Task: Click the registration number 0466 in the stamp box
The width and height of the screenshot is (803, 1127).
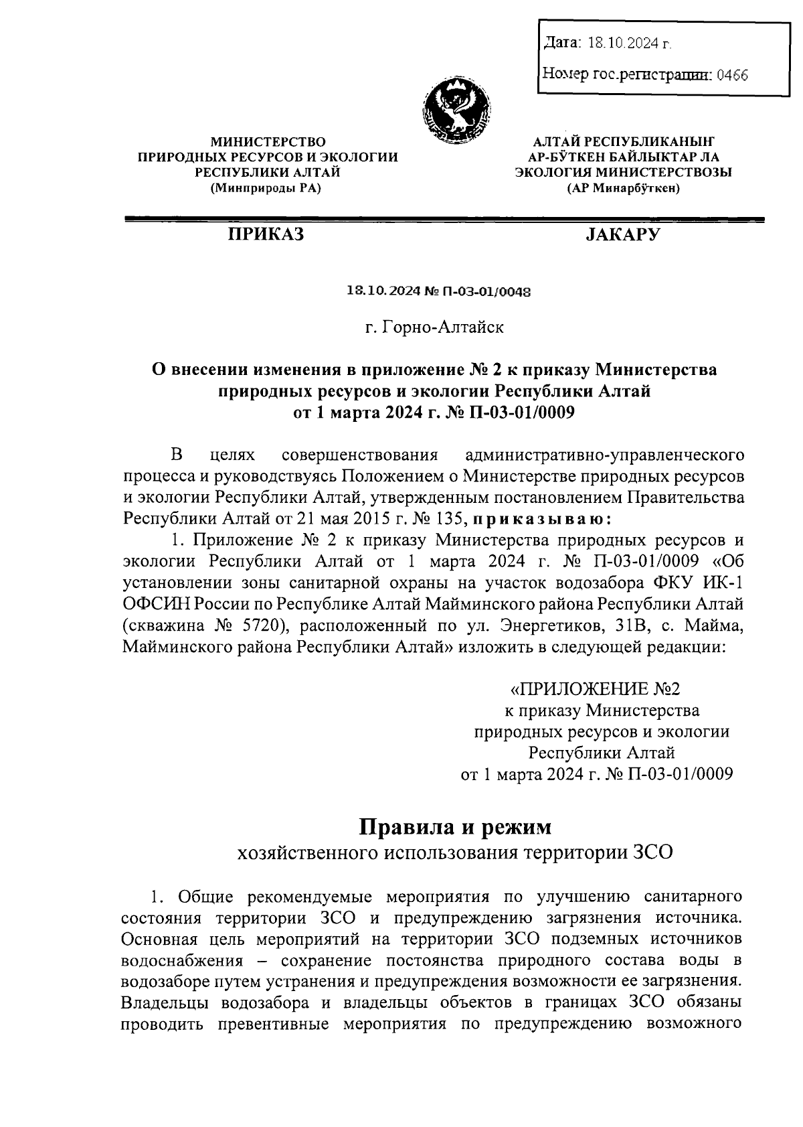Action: (731, 75)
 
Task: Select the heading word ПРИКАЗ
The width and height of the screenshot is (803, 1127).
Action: (266, 234)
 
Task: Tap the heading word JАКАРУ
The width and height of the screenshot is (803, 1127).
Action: (622, 234)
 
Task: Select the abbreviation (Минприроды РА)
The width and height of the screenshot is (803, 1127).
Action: (266, 189)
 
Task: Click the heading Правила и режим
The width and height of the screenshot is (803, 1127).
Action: (455, 827)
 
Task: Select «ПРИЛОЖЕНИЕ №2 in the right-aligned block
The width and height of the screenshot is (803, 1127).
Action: (595, 689)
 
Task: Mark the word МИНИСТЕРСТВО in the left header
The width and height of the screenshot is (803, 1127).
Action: (268, 141)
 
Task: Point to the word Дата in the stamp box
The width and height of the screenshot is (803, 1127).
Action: (561, 44)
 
